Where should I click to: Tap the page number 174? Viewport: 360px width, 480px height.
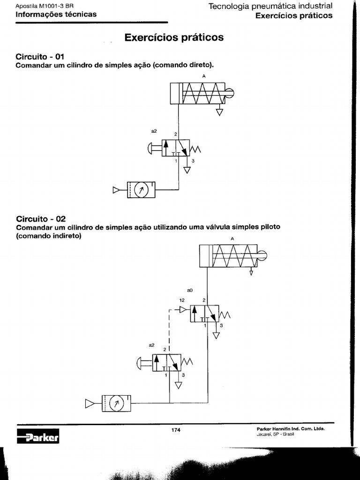(x=176, y=430)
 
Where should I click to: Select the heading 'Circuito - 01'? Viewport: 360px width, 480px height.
(x=40, y=57)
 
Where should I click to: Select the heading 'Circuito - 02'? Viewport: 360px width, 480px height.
(x=41, y=219)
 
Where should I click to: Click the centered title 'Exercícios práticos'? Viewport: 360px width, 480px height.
(x=174, y=37)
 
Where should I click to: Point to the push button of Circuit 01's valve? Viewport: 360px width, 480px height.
(x=155, y=148)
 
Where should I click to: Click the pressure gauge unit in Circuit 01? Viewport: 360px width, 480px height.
(x=141, y=190)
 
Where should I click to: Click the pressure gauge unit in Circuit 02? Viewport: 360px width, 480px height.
(x=116, y=404)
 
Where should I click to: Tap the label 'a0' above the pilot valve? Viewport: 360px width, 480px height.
(x=190, y=290)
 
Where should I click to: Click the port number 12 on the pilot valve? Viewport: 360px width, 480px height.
(x=182, y=300)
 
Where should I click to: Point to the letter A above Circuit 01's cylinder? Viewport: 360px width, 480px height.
(x=204, y=76)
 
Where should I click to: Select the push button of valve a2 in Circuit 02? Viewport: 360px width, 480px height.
(x=145, y=363)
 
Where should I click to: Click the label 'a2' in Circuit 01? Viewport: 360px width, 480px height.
(x=154, y=131)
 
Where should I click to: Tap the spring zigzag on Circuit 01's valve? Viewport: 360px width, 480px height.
(x=195, y=149)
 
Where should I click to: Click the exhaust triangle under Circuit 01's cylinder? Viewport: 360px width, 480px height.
(x=219, y=112)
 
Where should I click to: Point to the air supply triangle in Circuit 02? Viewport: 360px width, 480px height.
(x=90, y=404)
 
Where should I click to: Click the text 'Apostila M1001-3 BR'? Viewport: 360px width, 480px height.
(x=45, y=6)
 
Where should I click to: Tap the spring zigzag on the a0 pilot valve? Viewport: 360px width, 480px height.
(x=225, y=315)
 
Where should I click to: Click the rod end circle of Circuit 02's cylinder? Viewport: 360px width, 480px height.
(x=262, y=255)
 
